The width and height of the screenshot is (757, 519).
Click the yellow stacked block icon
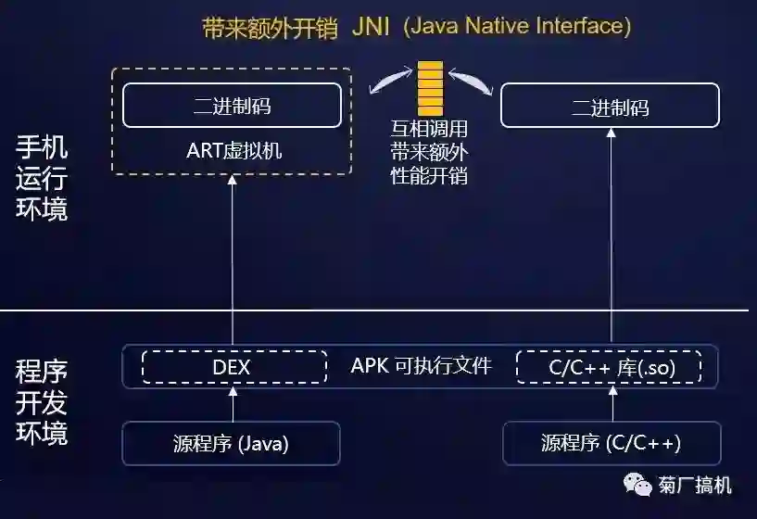coord(430,89)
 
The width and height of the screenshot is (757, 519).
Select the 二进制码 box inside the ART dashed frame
coord(232,106)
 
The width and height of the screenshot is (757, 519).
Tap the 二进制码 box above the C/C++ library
coord(610,106)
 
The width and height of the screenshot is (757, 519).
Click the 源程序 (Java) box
coord(232,443)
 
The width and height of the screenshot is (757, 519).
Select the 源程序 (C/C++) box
coord(612,443)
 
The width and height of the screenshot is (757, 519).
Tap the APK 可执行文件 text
coord(421,365)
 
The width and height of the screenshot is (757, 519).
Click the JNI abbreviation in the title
coord(371,26)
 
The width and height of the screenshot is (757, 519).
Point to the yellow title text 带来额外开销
coord(270,27)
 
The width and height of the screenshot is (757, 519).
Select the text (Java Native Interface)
coord(516,26)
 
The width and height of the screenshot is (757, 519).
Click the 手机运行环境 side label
coord(42,178)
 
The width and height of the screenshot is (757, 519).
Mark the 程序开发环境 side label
coord(42,403)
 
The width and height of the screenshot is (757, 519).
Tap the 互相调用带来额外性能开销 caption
coord(429,151)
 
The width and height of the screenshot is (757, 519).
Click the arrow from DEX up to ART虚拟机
coord(233,259)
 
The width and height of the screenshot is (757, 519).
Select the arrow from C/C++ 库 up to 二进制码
coord(612,241)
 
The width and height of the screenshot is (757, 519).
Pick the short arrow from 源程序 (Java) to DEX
coord(233,403)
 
